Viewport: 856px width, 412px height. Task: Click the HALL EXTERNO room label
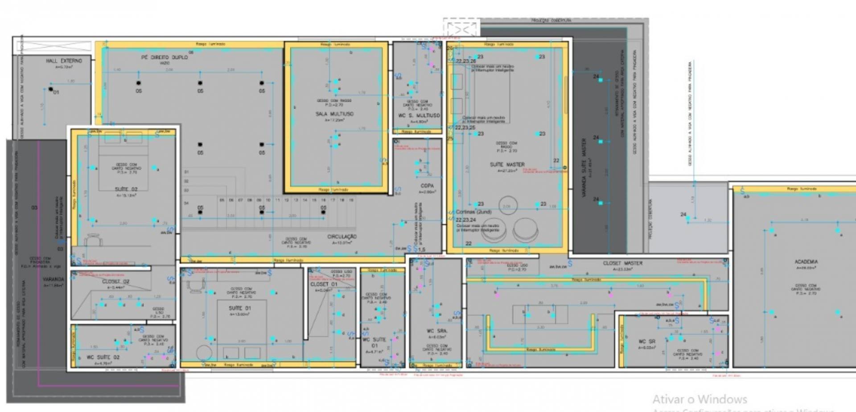click(x=64, y=61)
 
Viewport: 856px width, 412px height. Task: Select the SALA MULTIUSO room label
click(x=334, y=114)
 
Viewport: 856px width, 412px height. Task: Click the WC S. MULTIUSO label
click(x=419, y=115)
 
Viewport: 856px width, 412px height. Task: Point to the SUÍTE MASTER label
click(x=507, y=164)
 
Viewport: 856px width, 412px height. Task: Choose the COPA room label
click(x=427, y=186)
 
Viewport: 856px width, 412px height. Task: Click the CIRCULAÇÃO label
click(x=342, y=237)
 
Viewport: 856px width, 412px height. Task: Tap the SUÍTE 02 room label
click(x=126, y=189)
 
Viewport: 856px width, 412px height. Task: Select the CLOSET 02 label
click(x=115, y=281)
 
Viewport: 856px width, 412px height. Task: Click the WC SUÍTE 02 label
click(x=103, y=357)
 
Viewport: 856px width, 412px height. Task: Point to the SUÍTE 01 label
click(x=240, y=308)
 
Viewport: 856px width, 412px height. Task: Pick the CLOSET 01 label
click(x=324, y=284)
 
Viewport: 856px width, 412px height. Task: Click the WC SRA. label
click(x=436, y=331)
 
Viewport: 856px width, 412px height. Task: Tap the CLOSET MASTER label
click(x=623, y=263)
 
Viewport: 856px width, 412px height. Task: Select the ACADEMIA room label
click(x=806, y=262)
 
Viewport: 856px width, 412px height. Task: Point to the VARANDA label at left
click(x=53, y=279)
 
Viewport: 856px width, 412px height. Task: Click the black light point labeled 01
click(x=51, y=89)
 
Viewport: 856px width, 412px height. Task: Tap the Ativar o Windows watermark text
click(x=700, y=399)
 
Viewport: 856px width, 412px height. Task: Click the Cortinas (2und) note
click(x=473, y=212)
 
